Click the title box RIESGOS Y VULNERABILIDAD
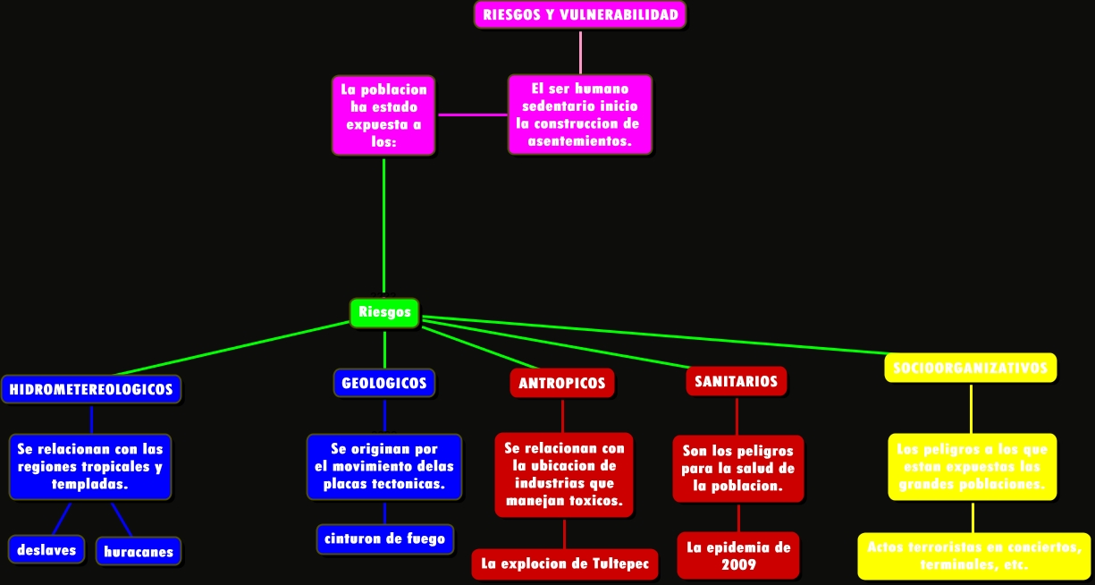click(580, 14)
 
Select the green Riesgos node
click(384, 312)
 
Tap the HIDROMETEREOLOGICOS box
click(91, 390)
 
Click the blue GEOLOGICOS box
click(384, 383)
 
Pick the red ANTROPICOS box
click(562, 383)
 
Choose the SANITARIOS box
click(737, 382)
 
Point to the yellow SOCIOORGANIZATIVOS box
click(971, 367)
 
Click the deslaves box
click(46, 550)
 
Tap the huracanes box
click(139, 552)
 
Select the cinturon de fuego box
click(384, 539)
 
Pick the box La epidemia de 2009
click(738, 555)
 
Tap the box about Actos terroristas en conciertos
click(974, 556)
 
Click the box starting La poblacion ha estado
click(383, 115)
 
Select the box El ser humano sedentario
click(579, 114)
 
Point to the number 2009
click(738, 564)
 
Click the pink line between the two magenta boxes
click(472, 114)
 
